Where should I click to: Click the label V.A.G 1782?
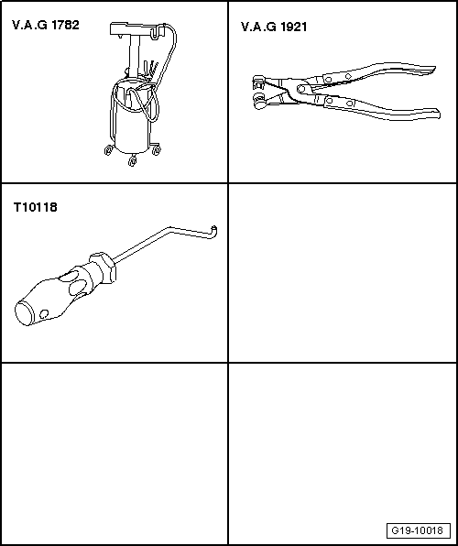click(x=46, y=26)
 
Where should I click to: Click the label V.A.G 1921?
click(x=274, y=27)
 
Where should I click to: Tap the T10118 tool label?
click(x=36, y=208)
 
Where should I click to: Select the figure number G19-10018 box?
click(x=419, y=531)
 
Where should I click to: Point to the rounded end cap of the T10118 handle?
click(x=24, y=313)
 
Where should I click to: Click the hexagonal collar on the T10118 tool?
click(x=102, y=268)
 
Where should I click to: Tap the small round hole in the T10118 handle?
click(x=44, y=314)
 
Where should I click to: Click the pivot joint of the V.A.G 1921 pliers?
click(x=301, y=90)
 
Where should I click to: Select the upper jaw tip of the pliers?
click(x=257, y=82)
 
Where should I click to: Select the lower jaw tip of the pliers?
click(x=259, y=102)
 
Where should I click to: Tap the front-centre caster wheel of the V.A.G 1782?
click(x=132, y=161)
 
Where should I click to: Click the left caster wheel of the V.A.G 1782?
click(x=108, y=150)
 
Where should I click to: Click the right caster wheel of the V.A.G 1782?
click(x=157, y=149)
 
